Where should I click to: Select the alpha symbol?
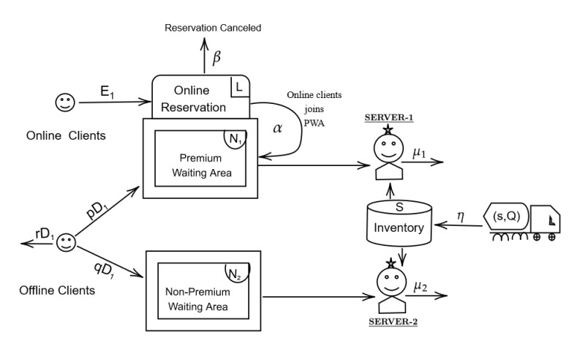point(277,127)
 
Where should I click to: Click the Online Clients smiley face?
point(64,102)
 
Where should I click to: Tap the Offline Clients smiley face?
point(67,241)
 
